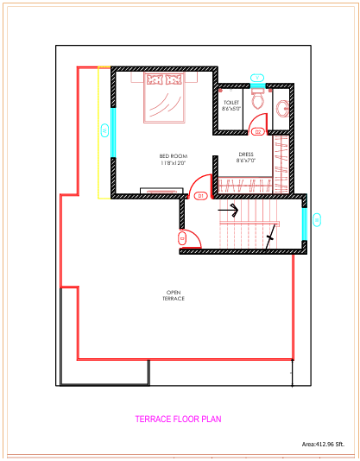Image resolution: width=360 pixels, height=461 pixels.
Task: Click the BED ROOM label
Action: (x=174, y=155)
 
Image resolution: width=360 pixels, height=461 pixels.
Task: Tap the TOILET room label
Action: (x=231, y=102)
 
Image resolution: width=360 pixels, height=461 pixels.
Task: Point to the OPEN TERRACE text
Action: (x=174, y=295)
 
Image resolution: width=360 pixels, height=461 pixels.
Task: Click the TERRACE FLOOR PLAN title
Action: (x=178, y=420)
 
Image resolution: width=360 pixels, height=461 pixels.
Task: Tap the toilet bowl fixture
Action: (x=256, y=100)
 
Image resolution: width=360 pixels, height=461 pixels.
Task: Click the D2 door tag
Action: (x=257, y=131)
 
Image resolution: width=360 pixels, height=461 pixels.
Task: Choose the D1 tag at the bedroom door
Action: (x=199, y=196)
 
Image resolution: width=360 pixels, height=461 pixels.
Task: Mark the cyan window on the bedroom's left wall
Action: (x=113, y=131)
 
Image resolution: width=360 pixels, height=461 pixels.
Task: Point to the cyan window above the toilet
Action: (x=256, y=79)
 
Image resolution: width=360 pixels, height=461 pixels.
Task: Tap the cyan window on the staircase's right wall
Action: (x=304, y=221)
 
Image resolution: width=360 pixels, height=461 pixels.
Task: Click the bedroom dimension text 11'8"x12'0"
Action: (x=174, y=162)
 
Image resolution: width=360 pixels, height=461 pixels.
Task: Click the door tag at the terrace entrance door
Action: (x=181, y=237)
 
